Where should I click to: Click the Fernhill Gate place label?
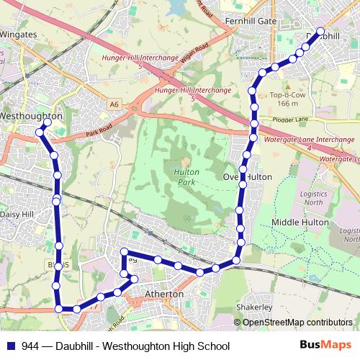(251, 22)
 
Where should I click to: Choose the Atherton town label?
(164, 294)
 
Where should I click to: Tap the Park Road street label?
(101, 131)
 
